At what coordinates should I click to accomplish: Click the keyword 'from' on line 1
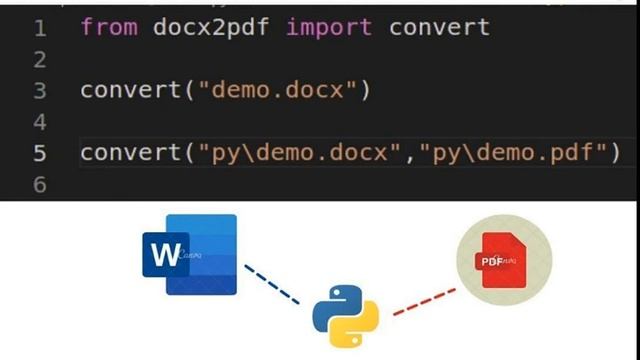(x=108, y=27)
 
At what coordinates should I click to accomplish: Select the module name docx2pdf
(x=211, y=27)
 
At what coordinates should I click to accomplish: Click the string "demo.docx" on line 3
(x=279, y=90)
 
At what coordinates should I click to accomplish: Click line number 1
(x=40, y=28)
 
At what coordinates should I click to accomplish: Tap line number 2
(x=40, y=60)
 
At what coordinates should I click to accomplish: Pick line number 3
(x=40, y=91)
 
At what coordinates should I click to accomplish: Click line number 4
(x=40, y=122)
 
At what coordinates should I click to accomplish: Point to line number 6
(x=40, y=185)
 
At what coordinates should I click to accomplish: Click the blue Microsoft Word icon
(x=190, y=256)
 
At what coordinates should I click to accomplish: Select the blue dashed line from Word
(x=272, y=284)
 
